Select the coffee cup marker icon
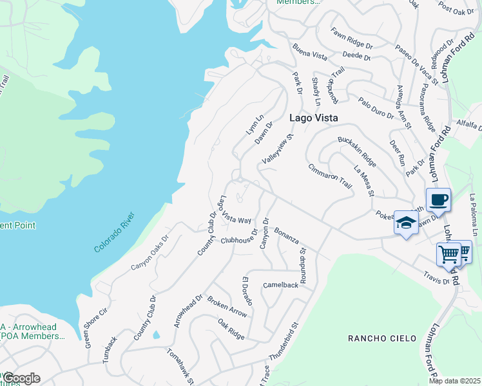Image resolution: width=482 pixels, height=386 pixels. point(438,199)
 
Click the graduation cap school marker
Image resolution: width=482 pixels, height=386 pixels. point(405,223)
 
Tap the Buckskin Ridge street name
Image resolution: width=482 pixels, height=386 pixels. point(356,149)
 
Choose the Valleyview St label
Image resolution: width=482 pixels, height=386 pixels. point(278,149)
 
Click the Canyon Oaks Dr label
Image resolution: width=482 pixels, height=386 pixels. point(149,252)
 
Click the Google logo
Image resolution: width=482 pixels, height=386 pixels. point(21,378)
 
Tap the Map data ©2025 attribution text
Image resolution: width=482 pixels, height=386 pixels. point(454,381)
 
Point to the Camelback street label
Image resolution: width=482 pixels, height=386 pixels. point(281,284)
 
